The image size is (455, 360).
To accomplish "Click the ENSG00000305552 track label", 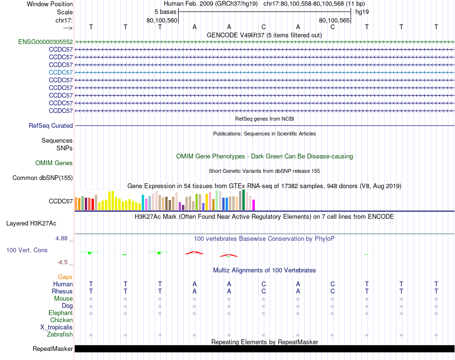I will coord(45,42).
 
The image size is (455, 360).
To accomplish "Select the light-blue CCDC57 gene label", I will coord(61,73).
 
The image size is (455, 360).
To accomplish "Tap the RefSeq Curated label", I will coord(51,126).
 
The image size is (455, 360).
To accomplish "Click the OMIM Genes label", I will coord(54,163).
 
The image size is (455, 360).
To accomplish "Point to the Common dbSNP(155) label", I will coord(43,178).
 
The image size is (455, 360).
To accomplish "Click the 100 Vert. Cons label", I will coord(27,250).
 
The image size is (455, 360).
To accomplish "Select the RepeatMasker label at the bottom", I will coord(53,349).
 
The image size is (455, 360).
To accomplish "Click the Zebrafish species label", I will coord(60,335).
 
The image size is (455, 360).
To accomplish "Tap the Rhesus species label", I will coord(62,292).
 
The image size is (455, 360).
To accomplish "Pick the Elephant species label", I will coord(60,313).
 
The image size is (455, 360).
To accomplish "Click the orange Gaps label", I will coord(65,277).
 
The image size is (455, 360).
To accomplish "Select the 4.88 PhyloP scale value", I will coord(63,238).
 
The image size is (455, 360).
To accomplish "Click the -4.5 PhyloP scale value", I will coord(64,262).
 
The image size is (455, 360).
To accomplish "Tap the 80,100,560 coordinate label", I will coord(162,21).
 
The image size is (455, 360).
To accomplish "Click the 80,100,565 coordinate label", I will coord(334,21).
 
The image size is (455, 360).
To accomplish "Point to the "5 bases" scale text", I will coord(165,12).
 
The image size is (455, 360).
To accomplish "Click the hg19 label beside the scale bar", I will coord(362,12).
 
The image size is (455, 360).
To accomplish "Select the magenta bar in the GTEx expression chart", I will coord(253,205).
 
